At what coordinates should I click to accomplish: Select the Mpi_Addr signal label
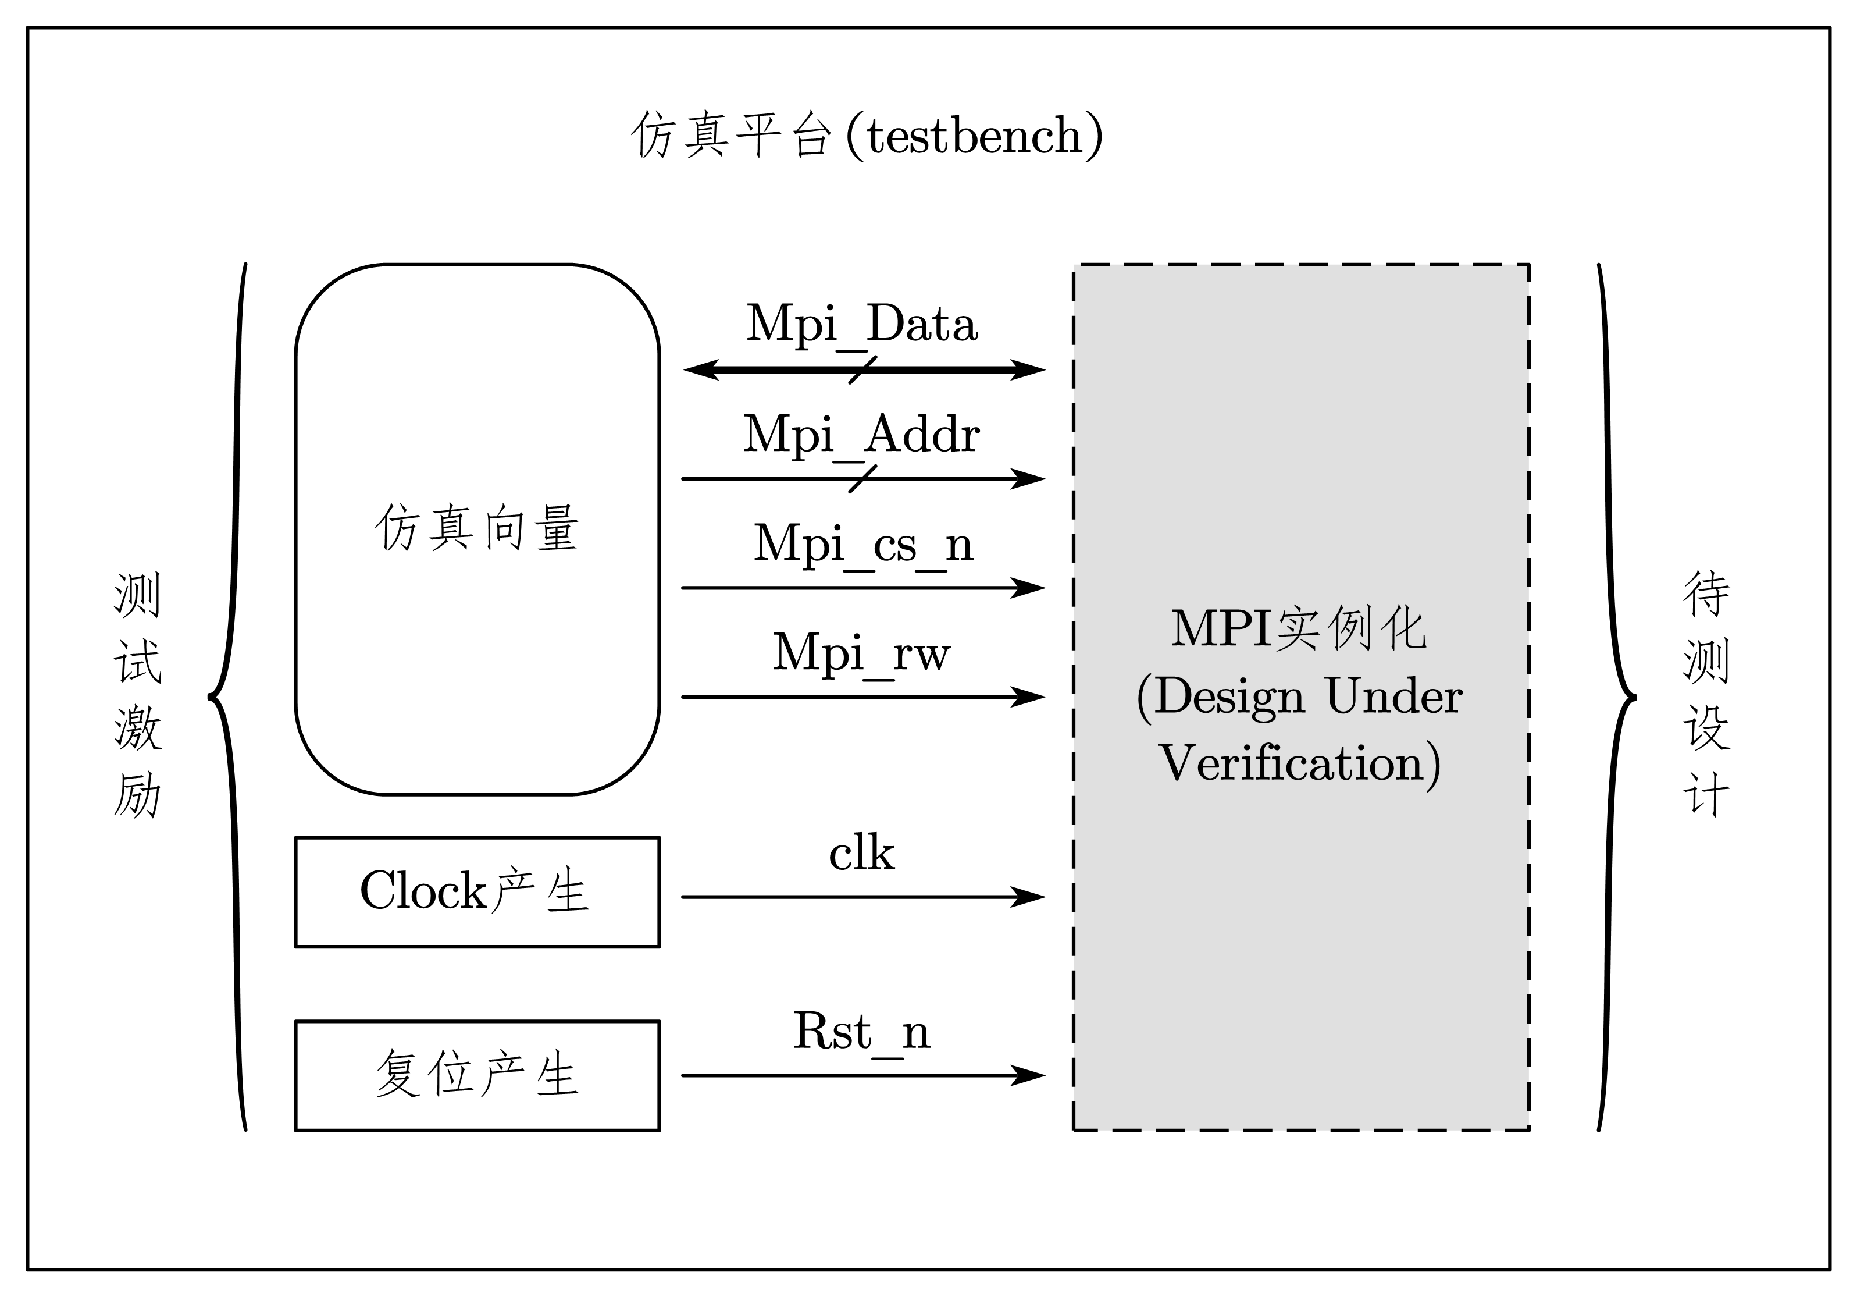tap(861, 435)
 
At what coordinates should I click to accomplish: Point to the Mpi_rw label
tap(861, 652)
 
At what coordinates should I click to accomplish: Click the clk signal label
tap(861, 854)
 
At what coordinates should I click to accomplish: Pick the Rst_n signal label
tap(861, 1032)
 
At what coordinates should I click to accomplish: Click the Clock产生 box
tap(477, 891)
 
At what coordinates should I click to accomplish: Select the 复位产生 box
tap(477, 1075)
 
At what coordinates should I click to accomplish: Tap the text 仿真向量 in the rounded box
tap(477, 528)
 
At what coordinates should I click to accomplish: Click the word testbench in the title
tap(975, 136)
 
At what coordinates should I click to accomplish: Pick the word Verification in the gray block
tap(1291, 763)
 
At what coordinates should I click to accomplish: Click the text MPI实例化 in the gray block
tap(1299, 628)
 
